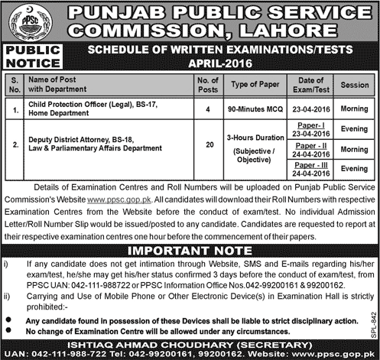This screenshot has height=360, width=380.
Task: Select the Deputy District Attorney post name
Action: [86, 139]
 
